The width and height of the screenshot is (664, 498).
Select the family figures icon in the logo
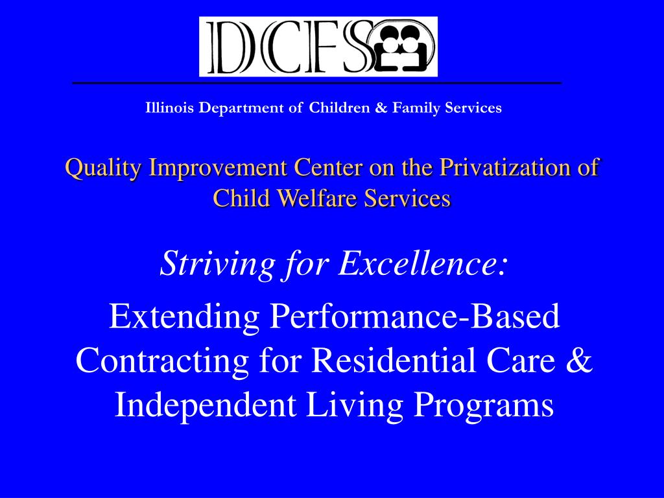[x=401, y=47]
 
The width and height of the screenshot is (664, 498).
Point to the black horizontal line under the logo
[x=316, y=83]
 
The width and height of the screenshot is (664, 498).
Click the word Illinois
[x=169, y=108]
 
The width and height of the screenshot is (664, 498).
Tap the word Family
[x=416, y=108]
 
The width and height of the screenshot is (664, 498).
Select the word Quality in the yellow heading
[x=102, y=168]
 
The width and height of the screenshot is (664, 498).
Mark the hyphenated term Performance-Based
[x=414, y=316]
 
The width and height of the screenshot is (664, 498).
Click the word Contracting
[x=162, y=361]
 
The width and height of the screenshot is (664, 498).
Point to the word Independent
[x=206, y=405]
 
